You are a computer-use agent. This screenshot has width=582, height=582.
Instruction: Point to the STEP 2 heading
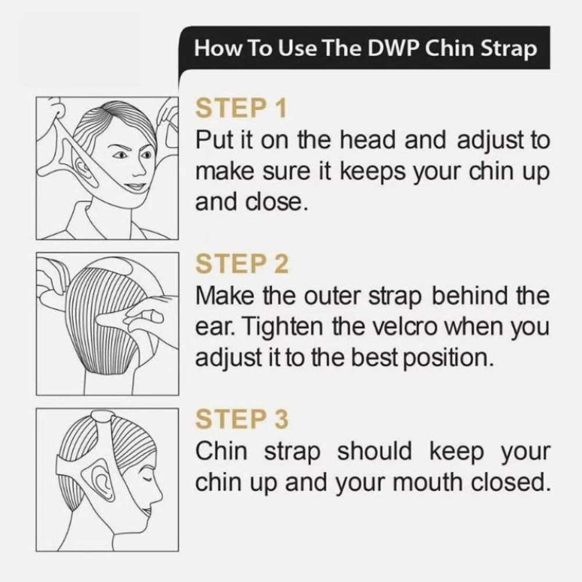point(242,264)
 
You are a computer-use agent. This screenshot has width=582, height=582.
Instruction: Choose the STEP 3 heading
point(242,419)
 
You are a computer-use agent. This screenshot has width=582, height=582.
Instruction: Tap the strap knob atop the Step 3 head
point(102,417)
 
